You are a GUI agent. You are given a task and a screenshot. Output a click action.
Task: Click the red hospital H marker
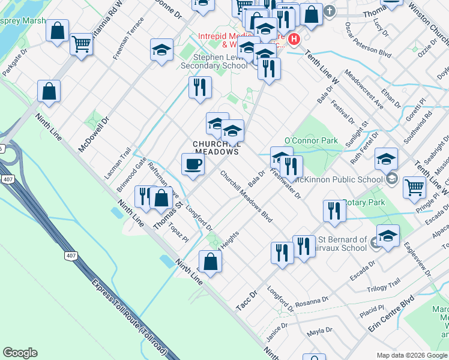click(x=294, y=40)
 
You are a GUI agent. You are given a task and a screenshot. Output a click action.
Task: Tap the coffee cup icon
click(x=193, y=164)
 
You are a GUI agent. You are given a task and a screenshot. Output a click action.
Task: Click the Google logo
click(x=20, y=353)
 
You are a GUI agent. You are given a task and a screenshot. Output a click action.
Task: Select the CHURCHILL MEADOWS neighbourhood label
click(x=216, y=148)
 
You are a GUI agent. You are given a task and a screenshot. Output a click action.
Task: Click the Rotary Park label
click(x=365, y=203)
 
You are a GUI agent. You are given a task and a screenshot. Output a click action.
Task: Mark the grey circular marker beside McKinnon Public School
click(x=391, y=178)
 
